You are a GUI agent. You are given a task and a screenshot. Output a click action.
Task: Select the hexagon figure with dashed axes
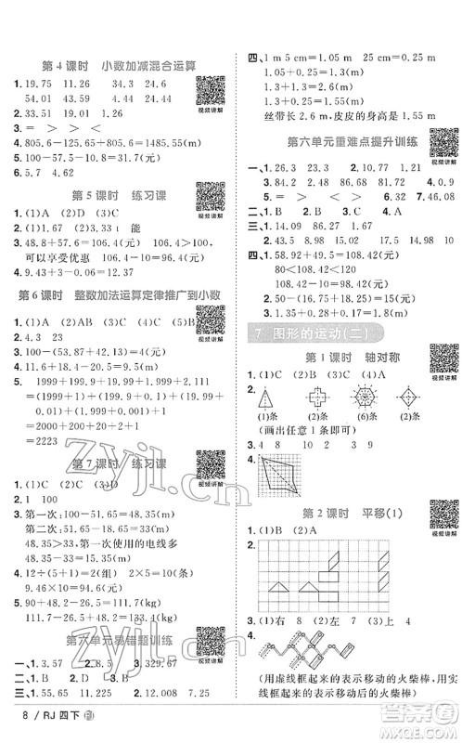pyautogui.click(x=362, y=396)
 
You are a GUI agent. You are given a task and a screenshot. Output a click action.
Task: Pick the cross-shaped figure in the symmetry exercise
pyautogui.click(x=315, y=397)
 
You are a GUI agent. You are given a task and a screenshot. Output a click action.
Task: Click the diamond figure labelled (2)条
pyautogui.click(x=407, y=397)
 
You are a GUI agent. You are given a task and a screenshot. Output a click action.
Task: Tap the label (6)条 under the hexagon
pyautogui.click(x=362, y=418)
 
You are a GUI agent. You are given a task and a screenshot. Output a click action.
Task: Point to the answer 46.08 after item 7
pyautogui.click(x=435, y=198)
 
